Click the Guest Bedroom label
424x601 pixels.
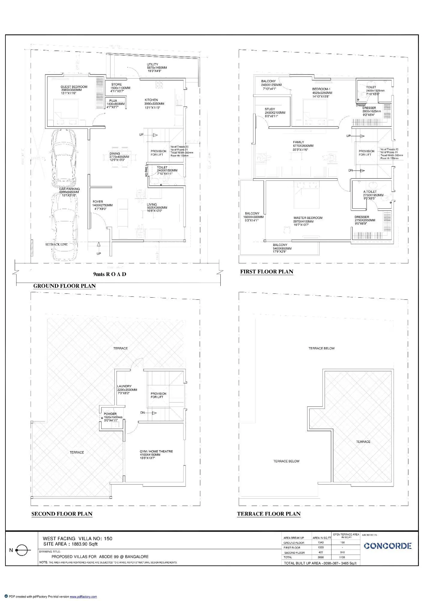(x=74, y=87)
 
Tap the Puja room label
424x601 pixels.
(x=113, y=101)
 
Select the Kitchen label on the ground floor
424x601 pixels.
(x=151, y=100)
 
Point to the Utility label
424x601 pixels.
(x=153, y=64)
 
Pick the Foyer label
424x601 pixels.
(x=98, y=202)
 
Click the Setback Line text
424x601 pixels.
(x=56, y=244)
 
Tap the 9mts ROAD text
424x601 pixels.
(x=110, y=274)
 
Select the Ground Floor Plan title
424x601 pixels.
(x=64, y=286)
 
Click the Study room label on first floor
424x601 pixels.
(x=270, y=109)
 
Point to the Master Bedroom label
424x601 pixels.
(x=308, y=218)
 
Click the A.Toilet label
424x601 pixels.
(x=370, y=192)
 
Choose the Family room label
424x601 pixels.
(x=298, y=142)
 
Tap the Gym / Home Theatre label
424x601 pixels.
(x=156, y=451)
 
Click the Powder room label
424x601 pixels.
(x=110, y=414)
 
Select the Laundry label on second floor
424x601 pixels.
(x=124, y=386)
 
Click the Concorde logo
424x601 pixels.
(x=387, y=546)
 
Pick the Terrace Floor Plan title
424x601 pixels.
(x=269, y=514)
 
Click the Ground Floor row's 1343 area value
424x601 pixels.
(x=320, y=543)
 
